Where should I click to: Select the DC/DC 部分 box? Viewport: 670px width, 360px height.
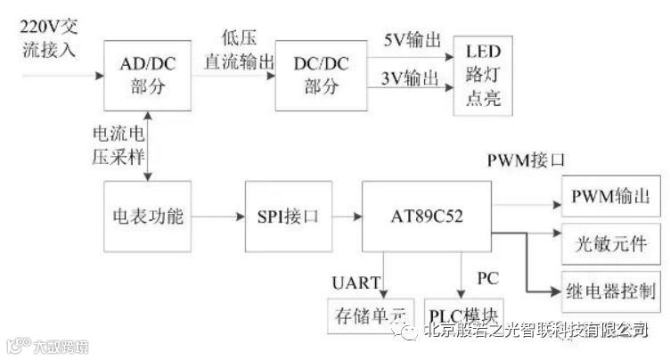(321, 76)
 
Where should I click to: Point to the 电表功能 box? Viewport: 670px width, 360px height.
(147, 216)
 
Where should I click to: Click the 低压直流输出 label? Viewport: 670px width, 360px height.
(235, 52)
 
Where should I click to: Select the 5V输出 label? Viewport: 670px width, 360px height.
(411, 42)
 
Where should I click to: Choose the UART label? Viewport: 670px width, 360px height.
(357, 283)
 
